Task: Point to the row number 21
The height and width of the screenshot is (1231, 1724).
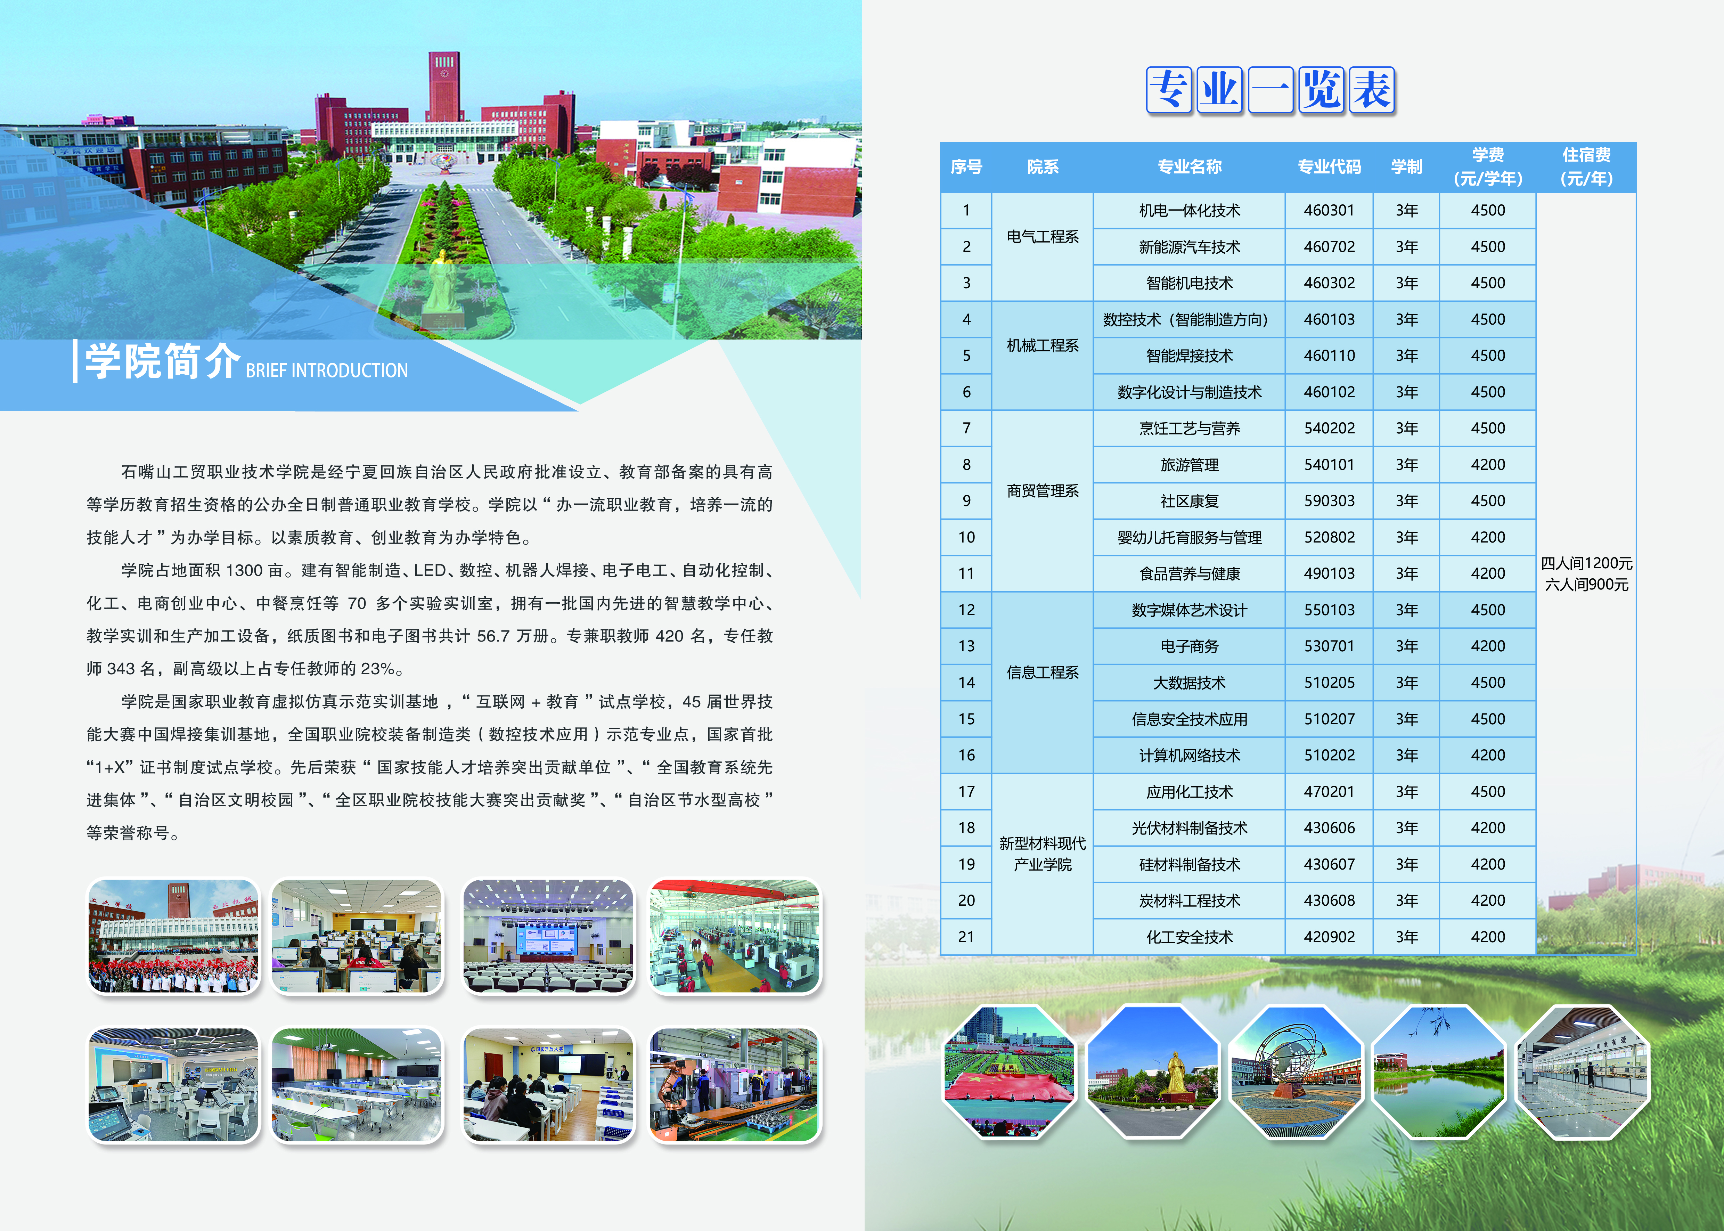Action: [966, 937]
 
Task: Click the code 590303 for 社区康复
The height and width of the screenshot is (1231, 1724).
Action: [1329, 501]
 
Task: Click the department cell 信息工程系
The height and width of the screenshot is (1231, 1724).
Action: [1043, 672]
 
